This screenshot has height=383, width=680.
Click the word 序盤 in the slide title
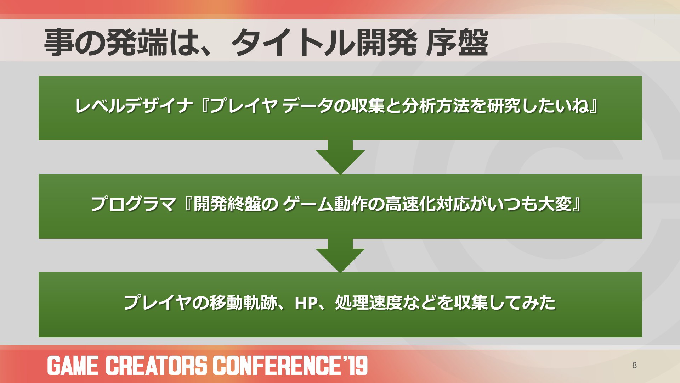tap(457, 43)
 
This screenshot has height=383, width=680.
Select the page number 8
tap(634, 365)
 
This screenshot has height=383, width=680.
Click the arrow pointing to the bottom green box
tap(340, 255)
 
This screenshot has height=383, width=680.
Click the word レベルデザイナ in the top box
tap(134, 106)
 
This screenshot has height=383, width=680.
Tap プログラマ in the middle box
tap(133, 204)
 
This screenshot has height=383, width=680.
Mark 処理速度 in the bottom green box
tap(369, 303)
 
